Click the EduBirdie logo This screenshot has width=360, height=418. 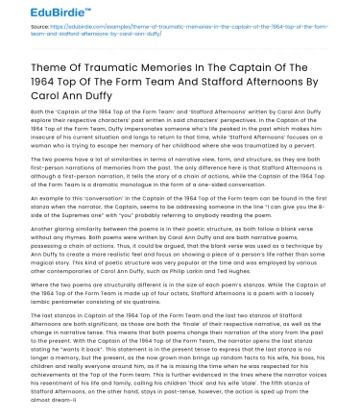37,12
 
